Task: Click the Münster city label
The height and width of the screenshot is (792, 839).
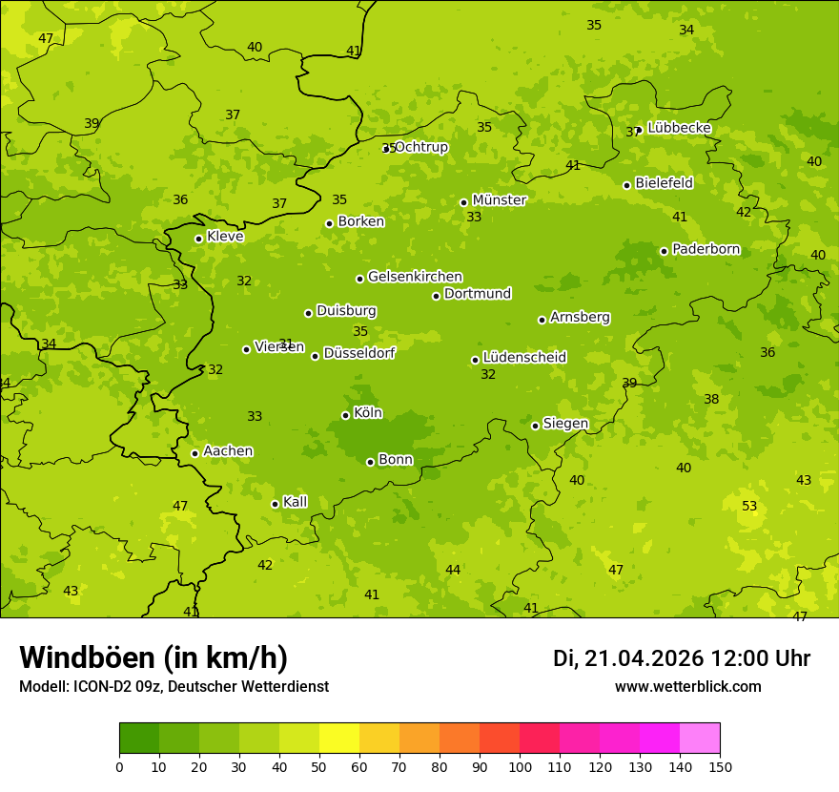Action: [499, 200]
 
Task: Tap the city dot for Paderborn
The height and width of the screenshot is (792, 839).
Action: [665, 251]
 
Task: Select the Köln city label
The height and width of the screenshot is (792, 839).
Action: [367, 413]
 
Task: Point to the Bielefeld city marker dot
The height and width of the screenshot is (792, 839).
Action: [627, 185]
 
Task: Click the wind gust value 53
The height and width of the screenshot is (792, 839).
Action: [749, 506]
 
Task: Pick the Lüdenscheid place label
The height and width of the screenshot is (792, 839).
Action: [524, 358]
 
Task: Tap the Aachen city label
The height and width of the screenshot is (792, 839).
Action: [228, 451]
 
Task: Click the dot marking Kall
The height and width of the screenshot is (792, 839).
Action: [276, 504]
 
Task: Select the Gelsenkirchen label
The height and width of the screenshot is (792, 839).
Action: [415, 277]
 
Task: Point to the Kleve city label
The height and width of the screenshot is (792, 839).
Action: [225, 237]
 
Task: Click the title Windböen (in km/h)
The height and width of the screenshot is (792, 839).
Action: [153, 657]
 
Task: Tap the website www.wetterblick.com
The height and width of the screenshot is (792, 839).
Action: [687, 687]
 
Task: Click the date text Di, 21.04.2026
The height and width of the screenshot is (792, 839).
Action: [628, 658]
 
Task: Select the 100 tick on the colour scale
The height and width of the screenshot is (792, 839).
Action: [520, 766]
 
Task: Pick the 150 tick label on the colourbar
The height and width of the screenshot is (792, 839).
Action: [720, 766]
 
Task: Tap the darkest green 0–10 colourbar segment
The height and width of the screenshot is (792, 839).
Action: [139, 739]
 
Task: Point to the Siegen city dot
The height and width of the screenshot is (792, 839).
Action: [536, 426]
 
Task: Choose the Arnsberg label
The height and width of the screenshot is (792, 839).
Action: [580, 318]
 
